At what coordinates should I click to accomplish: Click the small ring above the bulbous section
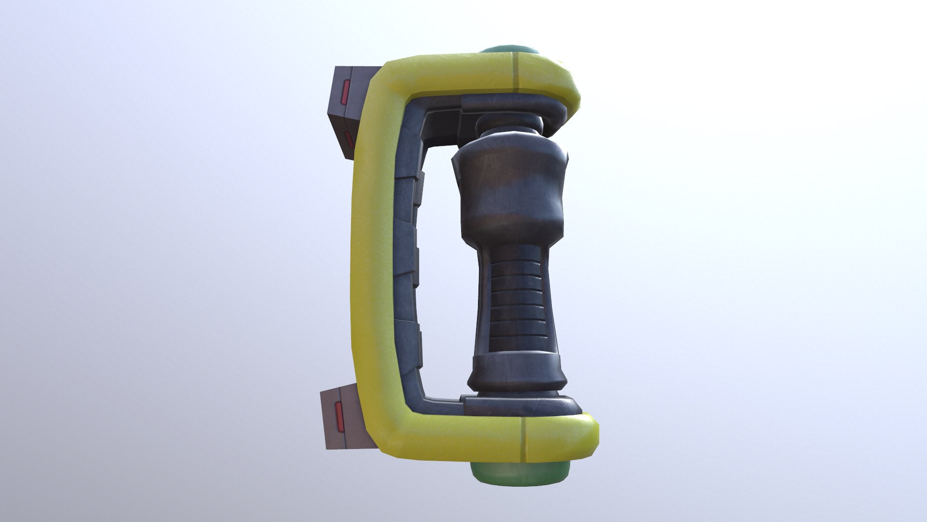(509, 126)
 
